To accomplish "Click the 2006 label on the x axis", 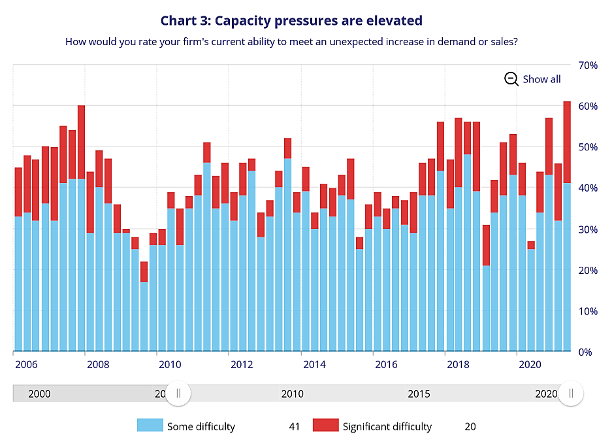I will pos(25,364).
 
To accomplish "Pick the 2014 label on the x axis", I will pos(314,364).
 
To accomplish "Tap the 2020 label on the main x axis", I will pos(530,364).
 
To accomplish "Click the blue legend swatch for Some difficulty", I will pos(150,426).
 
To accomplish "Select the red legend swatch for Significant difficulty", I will pos(325,426).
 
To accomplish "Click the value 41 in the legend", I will pos(294,426).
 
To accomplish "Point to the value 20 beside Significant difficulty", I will pos(470,426).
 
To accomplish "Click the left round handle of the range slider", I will pos(178,393).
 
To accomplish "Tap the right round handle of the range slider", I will pos(571,393).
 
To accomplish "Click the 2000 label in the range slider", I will pos(39,394).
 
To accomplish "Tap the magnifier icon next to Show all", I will pos(511,79).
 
